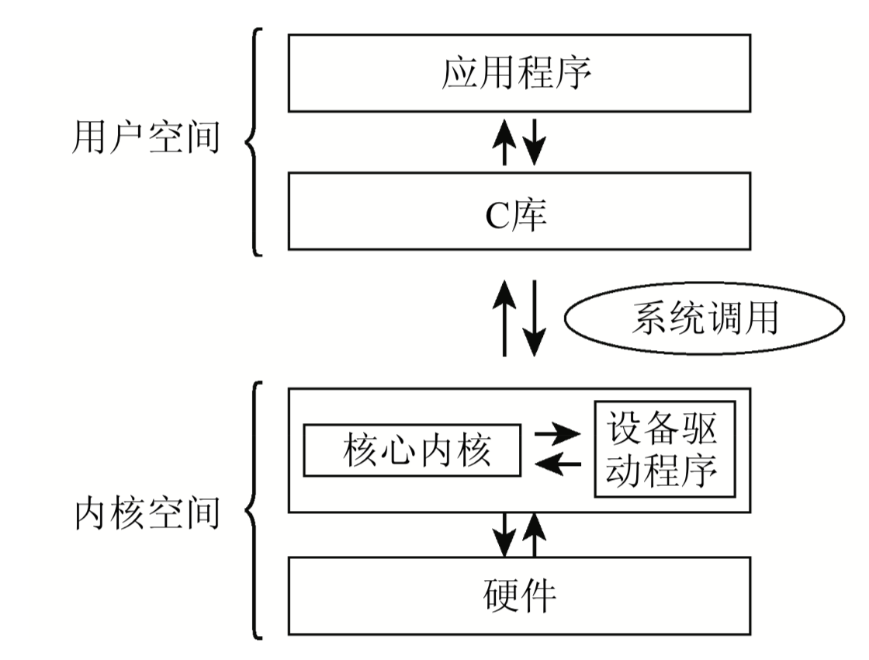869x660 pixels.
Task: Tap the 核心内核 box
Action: (411, 450)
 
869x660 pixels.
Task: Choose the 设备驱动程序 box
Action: (664, 450)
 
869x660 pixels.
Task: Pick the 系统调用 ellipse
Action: (705, 321)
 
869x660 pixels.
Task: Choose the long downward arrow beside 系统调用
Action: (534, 319)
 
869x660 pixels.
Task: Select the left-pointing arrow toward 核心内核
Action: (558, 464)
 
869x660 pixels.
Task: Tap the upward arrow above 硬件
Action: (534, 533)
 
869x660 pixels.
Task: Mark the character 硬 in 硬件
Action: (500, 596)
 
